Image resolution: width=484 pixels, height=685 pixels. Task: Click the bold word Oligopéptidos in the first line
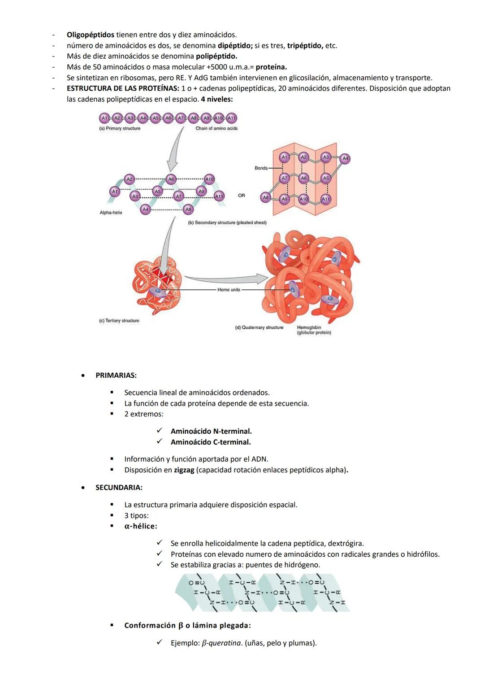(90, 35)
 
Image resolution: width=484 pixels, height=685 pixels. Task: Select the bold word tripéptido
(304, 45)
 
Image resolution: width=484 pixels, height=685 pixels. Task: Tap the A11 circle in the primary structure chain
(231, 118)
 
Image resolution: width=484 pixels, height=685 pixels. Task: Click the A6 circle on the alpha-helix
(171, 179)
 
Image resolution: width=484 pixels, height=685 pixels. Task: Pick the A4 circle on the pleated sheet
(345, 158)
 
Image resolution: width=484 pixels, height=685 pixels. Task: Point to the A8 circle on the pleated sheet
(266, 197)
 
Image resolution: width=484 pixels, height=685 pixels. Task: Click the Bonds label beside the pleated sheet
(261, 168)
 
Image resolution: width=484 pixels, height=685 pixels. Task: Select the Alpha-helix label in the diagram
(111, 213)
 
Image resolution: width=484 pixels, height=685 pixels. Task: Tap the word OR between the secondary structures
(242, 196)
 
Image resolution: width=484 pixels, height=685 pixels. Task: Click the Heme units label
(229, 290)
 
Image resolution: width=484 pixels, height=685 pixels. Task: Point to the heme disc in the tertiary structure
(157, 292)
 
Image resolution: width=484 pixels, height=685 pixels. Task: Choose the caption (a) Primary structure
(120, 128)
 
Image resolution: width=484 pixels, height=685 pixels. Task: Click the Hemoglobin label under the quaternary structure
(309, 327)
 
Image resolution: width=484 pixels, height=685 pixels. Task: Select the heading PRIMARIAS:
(116, 375)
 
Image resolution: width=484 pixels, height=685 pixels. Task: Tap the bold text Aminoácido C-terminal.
(211, 442)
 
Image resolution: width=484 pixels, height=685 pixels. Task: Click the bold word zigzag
(184, 470)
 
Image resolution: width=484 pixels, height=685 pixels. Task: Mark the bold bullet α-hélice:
(141, 526)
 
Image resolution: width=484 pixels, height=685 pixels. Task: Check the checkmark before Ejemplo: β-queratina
(159, 642)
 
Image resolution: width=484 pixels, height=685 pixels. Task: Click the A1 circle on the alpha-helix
(114, 192)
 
